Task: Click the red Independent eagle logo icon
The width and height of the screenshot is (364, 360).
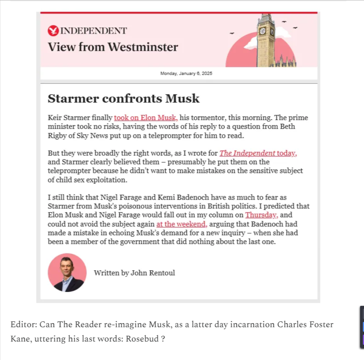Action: point(53,31)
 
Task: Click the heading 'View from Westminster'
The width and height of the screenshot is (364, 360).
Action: point(113,47)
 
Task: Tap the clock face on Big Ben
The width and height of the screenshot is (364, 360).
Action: point(262,31)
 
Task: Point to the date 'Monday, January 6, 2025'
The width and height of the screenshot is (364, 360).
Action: point(186,73)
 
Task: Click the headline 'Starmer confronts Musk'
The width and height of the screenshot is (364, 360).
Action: point(124,98)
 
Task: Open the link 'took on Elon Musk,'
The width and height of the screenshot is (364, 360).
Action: point(146,118)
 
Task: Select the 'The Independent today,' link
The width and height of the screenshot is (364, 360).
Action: point(258,153)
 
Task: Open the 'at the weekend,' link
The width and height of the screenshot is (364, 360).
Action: point(181,224)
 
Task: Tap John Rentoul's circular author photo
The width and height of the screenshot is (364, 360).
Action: point(67,272)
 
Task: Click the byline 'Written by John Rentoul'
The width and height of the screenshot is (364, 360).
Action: point(134,273)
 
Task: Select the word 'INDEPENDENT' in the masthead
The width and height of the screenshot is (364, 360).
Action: point(94,31)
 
